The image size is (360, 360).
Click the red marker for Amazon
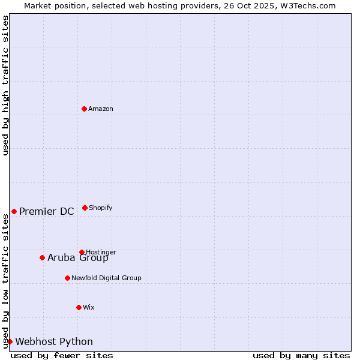(x=85, y=109)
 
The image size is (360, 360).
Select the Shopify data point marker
(x=85, y=208)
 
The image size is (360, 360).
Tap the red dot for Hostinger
(x=82, y=252)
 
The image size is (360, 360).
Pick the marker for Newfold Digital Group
(x=67, y=278)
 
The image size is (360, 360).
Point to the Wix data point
(x=79, y=307)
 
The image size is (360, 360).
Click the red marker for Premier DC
(x=14, y=211)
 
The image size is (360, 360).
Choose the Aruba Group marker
(x=42, y=257)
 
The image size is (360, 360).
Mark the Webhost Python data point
(x=10, y=341)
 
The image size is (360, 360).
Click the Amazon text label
(x=101, y=109)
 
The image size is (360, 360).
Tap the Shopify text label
(x=101, y=208)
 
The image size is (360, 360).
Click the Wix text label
(x=89, y=307)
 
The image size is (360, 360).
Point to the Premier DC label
(x=47, y=211)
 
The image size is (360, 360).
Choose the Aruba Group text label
(x=78, y=258)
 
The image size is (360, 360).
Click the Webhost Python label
(x=54, y=342)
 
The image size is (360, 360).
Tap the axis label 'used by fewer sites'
(x=62, y=355)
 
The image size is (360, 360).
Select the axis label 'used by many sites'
(x=301, y=355)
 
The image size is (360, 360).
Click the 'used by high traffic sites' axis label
(x=5, y=85)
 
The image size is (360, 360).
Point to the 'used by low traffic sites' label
(x=5, y=281)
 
